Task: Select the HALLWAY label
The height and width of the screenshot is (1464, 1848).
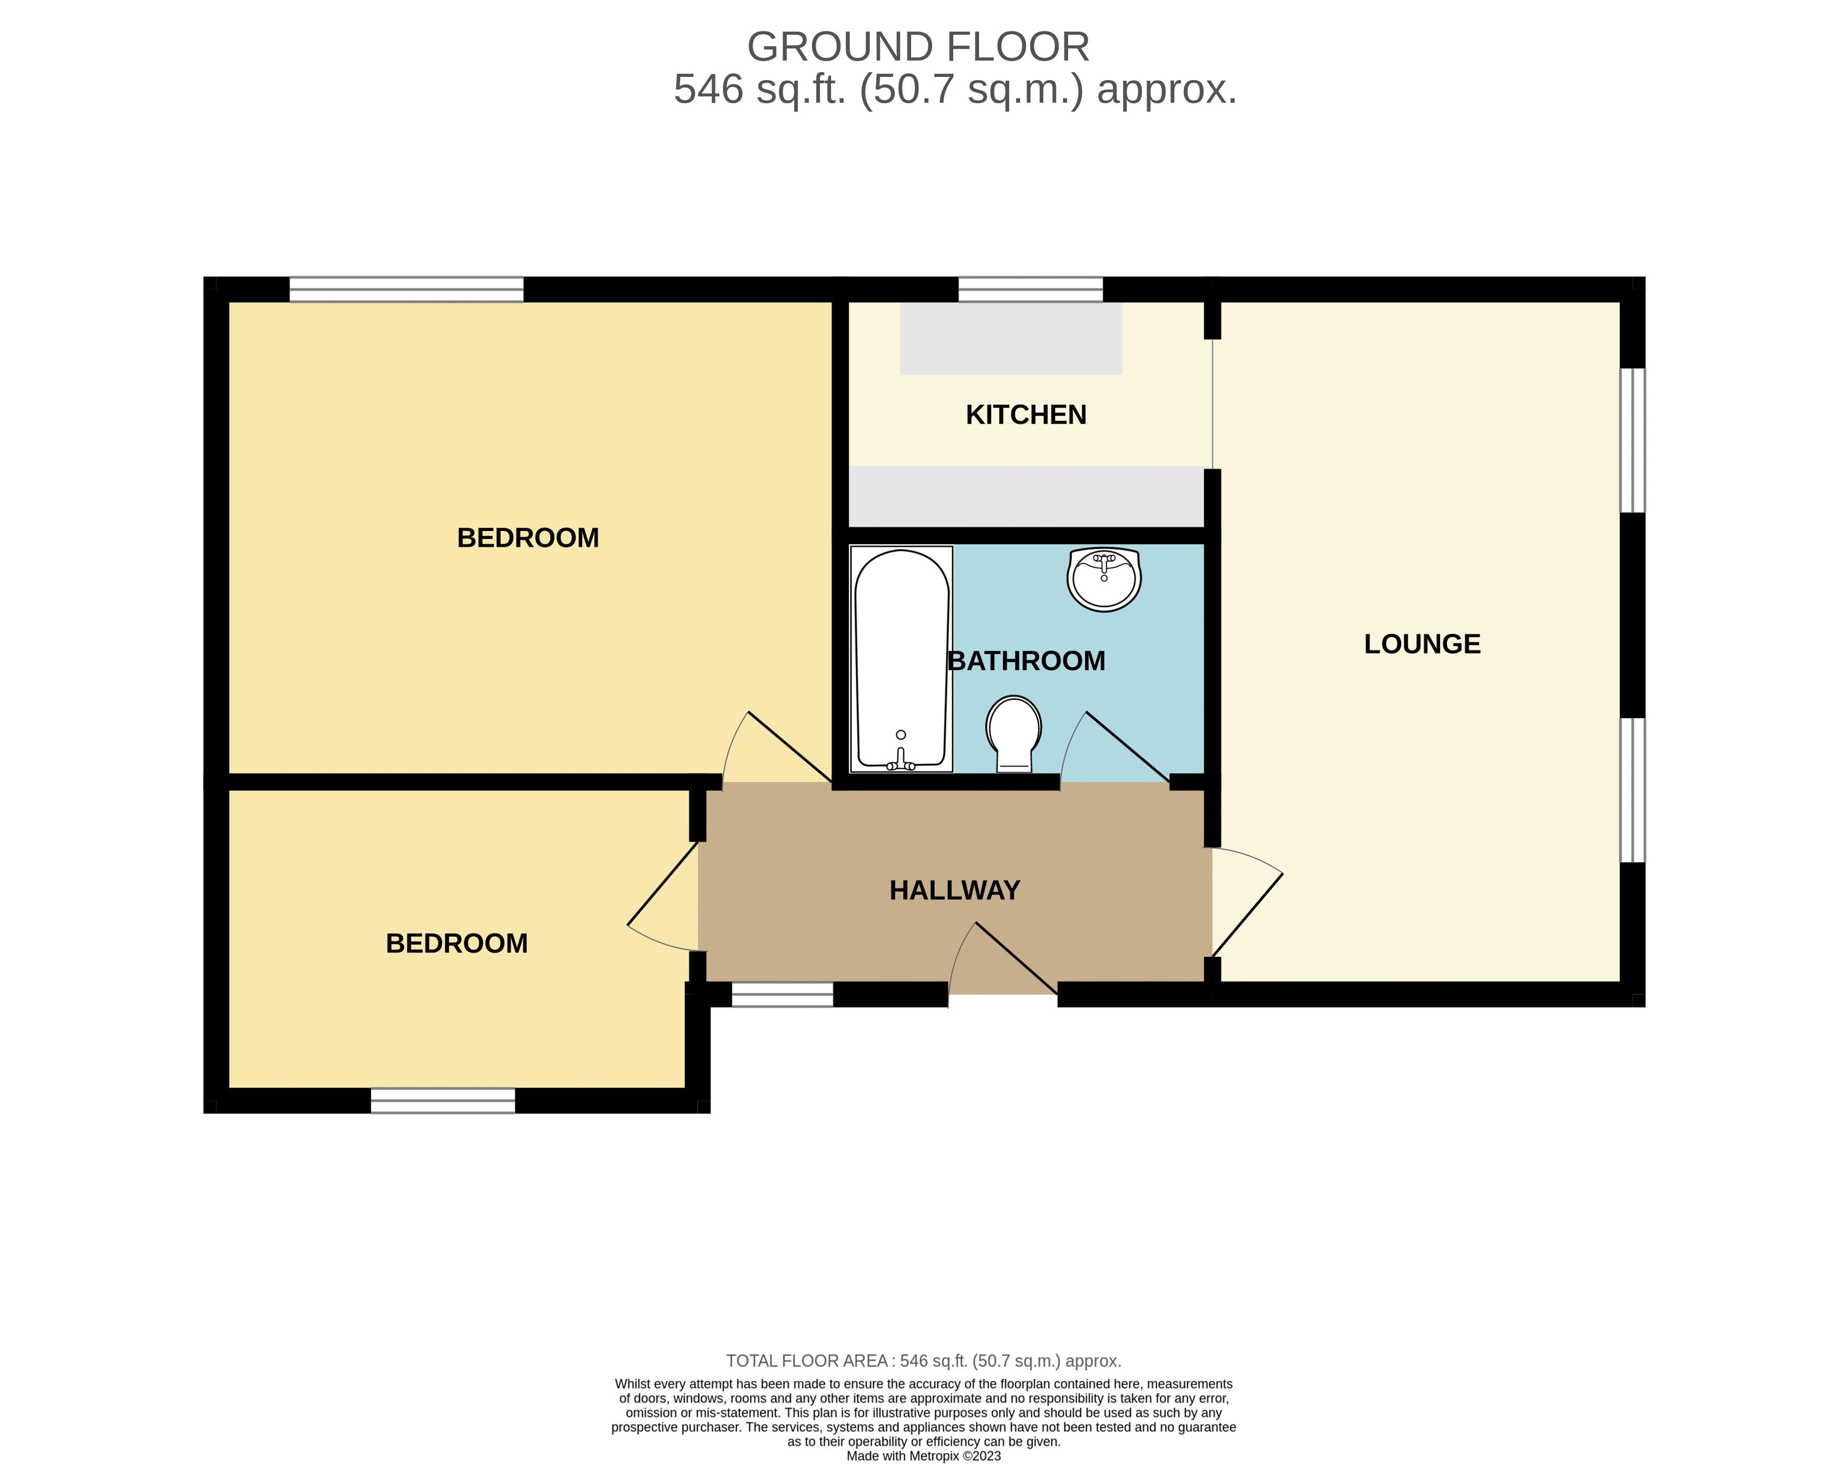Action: pos(954,891)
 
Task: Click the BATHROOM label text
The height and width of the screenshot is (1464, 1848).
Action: pos(1026,661)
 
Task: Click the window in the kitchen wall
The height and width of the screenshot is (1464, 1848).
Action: pos(1030,289)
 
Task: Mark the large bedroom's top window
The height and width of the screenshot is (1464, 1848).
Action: pos(406,289)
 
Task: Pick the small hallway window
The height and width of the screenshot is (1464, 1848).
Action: pos(781,994)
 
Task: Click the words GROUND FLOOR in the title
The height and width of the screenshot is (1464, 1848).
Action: pos(918,47)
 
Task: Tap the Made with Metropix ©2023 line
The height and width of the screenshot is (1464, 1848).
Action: pos(923,1456)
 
